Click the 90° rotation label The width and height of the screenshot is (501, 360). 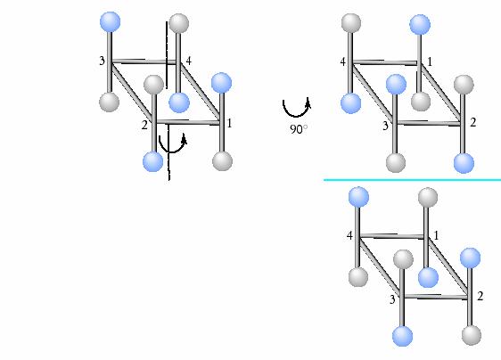click(299, 129)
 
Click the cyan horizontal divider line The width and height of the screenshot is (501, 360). click(412, 180)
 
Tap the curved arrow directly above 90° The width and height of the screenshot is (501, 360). click(296, 108)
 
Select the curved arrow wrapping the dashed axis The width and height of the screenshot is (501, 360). click(173, 144)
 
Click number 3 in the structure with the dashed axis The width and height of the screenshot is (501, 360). click(102, 61)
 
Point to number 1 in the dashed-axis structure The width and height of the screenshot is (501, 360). click(229, 123)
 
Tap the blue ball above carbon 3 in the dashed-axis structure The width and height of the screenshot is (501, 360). click(111, 22)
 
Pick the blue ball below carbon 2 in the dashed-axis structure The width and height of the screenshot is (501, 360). click(153, 161)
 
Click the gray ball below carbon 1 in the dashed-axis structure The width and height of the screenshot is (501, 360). click(222, 160)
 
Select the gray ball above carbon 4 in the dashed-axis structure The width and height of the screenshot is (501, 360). click(179, 23)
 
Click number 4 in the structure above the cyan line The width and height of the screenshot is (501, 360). click(343, 61)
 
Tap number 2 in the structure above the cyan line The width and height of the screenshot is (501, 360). click(472, 122)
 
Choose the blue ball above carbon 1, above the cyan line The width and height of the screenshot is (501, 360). click(420, 24)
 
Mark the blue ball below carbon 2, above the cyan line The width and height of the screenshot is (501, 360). click(464, 163)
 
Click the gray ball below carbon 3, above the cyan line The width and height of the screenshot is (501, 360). click(396, 163)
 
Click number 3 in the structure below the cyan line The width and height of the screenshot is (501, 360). click(392, 299)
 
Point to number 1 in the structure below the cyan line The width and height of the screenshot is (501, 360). click(437, 236)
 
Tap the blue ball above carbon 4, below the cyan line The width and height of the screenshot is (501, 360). click(358, 197)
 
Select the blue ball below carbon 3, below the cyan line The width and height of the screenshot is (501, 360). click(402, 336)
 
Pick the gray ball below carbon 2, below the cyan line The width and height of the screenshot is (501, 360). click(472, 335)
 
